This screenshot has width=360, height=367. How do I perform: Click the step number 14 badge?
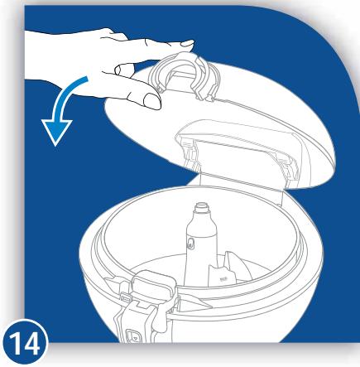pos(26,343)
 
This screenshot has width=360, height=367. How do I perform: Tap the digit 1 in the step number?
pos(16,343)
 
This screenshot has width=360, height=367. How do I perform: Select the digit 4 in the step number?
pos(31,343)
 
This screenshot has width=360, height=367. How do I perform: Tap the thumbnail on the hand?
pos(152,100)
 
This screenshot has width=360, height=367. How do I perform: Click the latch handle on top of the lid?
pos(182,75)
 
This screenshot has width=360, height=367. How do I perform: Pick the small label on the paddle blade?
pos(222,280)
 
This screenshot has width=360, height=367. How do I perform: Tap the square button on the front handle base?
pos(132,336)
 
